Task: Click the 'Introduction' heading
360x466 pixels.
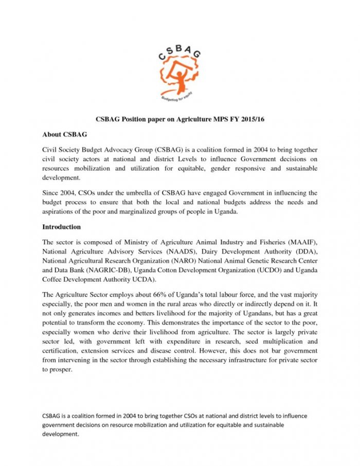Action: click(x=61, y=227)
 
